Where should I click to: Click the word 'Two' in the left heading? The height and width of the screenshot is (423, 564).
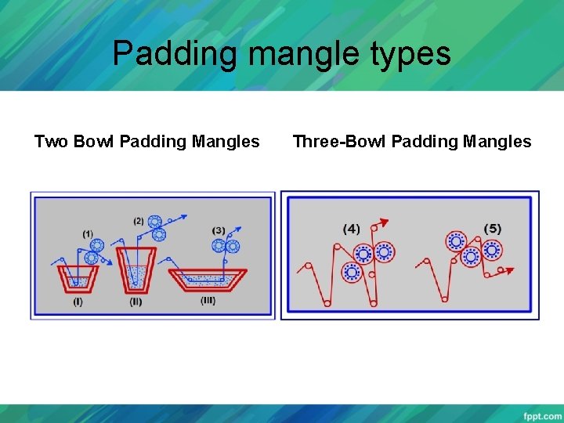point(51,142)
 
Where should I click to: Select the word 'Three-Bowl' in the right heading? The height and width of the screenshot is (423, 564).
point(338,142)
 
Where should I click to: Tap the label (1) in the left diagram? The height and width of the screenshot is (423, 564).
point(88,233)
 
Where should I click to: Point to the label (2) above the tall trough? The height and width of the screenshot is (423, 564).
point(139,221)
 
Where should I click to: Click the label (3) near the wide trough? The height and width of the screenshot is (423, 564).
point(219,230)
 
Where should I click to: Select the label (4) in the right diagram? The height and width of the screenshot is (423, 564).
point(351,229)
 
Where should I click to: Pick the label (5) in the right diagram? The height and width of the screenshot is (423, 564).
point(492,229)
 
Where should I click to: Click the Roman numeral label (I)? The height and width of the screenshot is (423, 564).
point(78,302)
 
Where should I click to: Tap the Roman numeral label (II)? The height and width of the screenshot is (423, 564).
point(136,302)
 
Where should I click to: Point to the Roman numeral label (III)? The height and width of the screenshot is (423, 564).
point(207,301)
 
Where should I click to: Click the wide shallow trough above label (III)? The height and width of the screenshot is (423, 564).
point(208,279)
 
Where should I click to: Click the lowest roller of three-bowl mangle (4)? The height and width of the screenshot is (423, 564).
point(352,272)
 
